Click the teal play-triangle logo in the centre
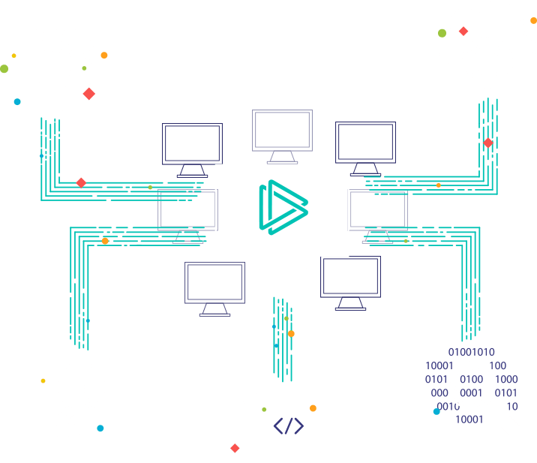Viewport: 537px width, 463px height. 283,207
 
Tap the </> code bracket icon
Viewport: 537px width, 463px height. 288,426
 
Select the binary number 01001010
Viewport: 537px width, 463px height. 471,352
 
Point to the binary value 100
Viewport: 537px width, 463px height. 497,365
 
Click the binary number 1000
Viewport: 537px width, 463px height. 506,379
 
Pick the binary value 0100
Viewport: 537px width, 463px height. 471,379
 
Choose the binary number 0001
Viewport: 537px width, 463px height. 471,392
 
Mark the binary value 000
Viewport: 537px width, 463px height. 439,392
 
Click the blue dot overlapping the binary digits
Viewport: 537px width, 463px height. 436,411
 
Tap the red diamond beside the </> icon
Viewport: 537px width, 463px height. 235,448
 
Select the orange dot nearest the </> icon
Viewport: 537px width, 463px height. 313,408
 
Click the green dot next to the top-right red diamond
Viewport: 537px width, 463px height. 442,33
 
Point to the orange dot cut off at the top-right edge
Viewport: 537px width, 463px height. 533,20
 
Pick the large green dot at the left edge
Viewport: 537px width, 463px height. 4,69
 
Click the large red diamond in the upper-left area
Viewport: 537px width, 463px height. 89,94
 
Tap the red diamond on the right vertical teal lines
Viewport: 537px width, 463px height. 488,143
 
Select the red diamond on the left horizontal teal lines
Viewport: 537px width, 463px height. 81,183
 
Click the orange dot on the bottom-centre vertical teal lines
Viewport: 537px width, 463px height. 291,334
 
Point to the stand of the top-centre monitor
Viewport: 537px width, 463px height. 282,158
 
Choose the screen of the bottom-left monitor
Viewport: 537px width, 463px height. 214,282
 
